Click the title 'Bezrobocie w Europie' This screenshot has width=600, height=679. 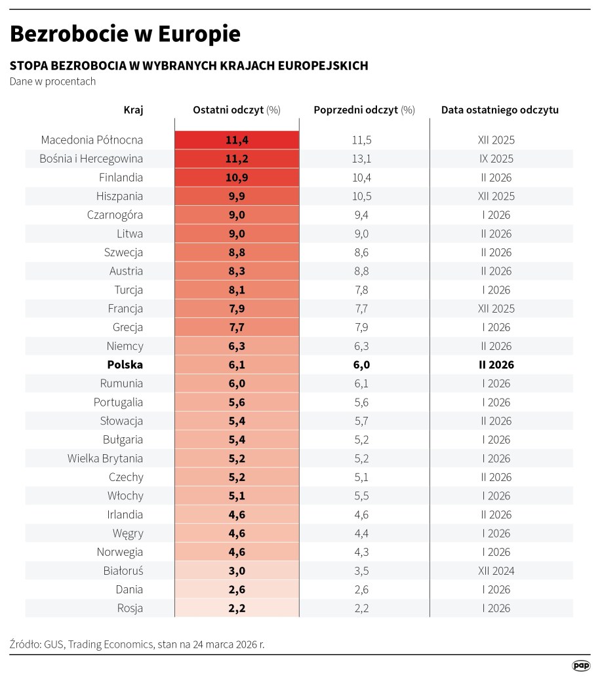coord(125,33)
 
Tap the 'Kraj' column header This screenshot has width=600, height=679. coord(133,110)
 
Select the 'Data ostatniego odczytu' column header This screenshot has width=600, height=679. coord(500,110)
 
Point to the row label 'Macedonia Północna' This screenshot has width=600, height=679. coord(92,140)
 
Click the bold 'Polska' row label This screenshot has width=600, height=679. coord(125,365)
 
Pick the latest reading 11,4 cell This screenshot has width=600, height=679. coord(237,140)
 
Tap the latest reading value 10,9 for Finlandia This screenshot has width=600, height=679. coord(237,178)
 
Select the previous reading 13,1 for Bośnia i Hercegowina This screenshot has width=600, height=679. coord(362,159)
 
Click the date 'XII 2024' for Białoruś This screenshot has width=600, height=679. coord(496,571)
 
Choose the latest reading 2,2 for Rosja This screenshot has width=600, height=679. coord(237,608)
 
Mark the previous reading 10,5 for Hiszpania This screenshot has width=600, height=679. coord(362,196)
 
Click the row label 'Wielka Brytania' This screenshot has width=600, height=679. coord(105,459)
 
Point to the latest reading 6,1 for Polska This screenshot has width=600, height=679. coord(237,365)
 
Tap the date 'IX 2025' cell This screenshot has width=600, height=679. coord(496,159)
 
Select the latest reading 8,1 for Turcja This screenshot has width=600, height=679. coord(237,290)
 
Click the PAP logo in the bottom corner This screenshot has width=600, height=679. coord(580,665)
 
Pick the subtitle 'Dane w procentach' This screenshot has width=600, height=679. coord(53,82)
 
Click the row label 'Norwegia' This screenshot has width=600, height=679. coord(120,553)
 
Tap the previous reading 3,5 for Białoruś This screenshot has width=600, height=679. coord(362,571)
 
